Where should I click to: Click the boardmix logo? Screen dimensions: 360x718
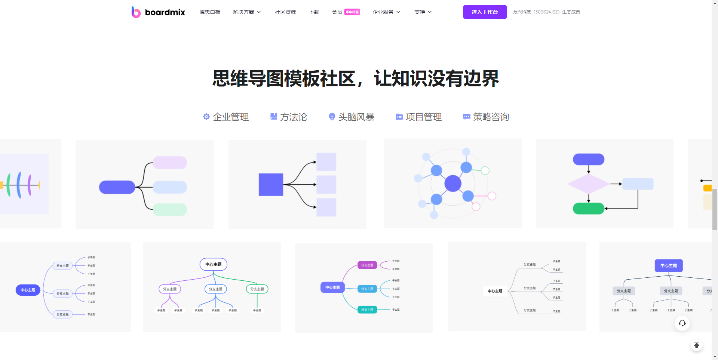(158, 12)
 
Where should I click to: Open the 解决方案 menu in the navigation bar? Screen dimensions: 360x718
(247, 12)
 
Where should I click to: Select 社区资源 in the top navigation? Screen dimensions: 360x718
(285, 12)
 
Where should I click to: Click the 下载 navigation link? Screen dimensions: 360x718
(314, 12)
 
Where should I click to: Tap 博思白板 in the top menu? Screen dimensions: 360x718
(210, 12)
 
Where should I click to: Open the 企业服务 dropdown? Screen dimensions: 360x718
(386, 12)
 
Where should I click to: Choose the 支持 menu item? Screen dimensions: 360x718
(423, 12)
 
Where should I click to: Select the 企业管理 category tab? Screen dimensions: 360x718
(226, 117)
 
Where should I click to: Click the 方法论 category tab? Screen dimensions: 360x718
(289, 117)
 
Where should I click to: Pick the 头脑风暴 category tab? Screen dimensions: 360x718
(352, 117)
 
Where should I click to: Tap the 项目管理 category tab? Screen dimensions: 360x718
(419, 117)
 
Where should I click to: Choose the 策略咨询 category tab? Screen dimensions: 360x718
(486, 117)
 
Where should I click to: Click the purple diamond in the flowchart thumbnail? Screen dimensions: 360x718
(588, 184)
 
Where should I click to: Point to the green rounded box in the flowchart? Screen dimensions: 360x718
(588, 208)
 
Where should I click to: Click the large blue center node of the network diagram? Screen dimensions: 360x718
(453, 183)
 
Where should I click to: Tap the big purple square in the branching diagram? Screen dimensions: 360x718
(271, 184)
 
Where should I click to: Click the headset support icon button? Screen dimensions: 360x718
(682, 323)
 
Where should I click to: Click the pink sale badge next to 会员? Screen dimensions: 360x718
(352, 12)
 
